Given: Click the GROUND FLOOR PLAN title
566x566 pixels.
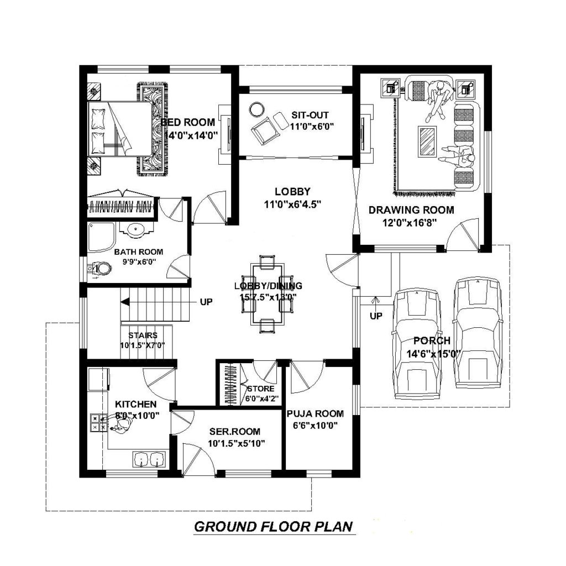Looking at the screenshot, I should pyautogui.click(x=273, y=527).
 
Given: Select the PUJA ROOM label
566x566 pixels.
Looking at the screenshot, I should pyautogui.click(x=315, y=413).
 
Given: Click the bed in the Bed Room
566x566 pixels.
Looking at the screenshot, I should pyautogui.click(x=120, y=128).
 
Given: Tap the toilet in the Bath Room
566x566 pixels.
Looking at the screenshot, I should pyautogui.click(x=101, y=269).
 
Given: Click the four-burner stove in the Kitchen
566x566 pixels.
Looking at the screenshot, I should pyautogui.click(x=98, y=422).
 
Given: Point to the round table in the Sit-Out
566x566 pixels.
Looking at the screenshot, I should pyautogui.click(x=256, y=108).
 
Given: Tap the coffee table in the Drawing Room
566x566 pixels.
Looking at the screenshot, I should pyautogui.click(x=427, y=141).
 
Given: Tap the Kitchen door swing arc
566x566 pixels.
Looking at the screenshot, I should pyautogui.click(x=159, y=381).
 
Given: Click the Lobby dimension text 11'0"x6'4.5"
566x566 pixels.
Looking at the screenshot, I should pyautogui.click(x=292, y=203).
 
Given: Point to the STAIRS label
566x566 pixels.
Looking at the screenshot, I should pyautogui.click(x=143, y=335).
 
